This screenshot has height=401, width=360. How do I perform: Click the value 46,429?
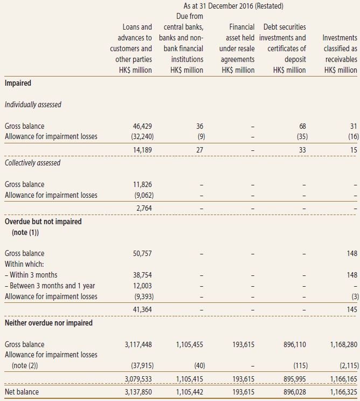click(x=142, y=126)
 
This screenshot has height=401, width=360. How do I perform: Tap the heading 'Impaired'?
click(x=18, y=83)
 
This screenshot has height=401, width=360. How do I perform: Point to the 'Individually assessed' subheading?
click(x=33, y=105)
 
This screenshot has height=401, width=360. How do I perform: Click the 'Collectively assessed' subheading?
click(x=32, y=163)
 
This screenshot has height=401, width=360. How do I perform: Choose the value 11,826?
click(x=142, y=184)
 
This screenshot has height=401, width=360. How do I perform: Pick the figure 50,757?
click(x=142, y=253)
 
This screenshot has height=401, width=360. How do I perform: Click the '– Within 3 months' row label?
click(x=31, y=275)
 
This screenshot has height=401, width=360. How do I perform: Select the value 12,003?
click(x=142, y=286)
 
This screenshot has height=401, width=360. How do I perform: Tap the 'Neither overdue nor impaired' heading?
click(x=49, y=323)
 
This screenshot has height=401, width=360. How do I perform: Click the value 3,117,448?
click(x=139, y=344)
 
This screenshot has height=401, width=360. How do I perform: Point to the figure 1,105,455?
click(x=190, y=344)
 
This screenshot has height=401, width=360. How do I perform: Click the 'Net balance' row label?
click(x=22, y=392)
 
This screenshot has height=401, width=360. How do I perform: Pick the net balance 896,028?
click(x=295, y=392)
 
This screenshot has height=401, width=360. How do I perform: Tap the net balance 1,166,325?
click(x=344, y=392)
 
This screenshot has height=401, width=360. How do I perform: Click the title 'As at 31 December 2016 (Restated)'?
click(x=233, y=6)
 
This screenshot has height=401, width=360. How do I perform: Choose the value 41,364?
click(x=142, y=309)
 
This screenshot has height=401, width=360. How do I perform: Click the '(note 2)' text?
click(x=25, y=365)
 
